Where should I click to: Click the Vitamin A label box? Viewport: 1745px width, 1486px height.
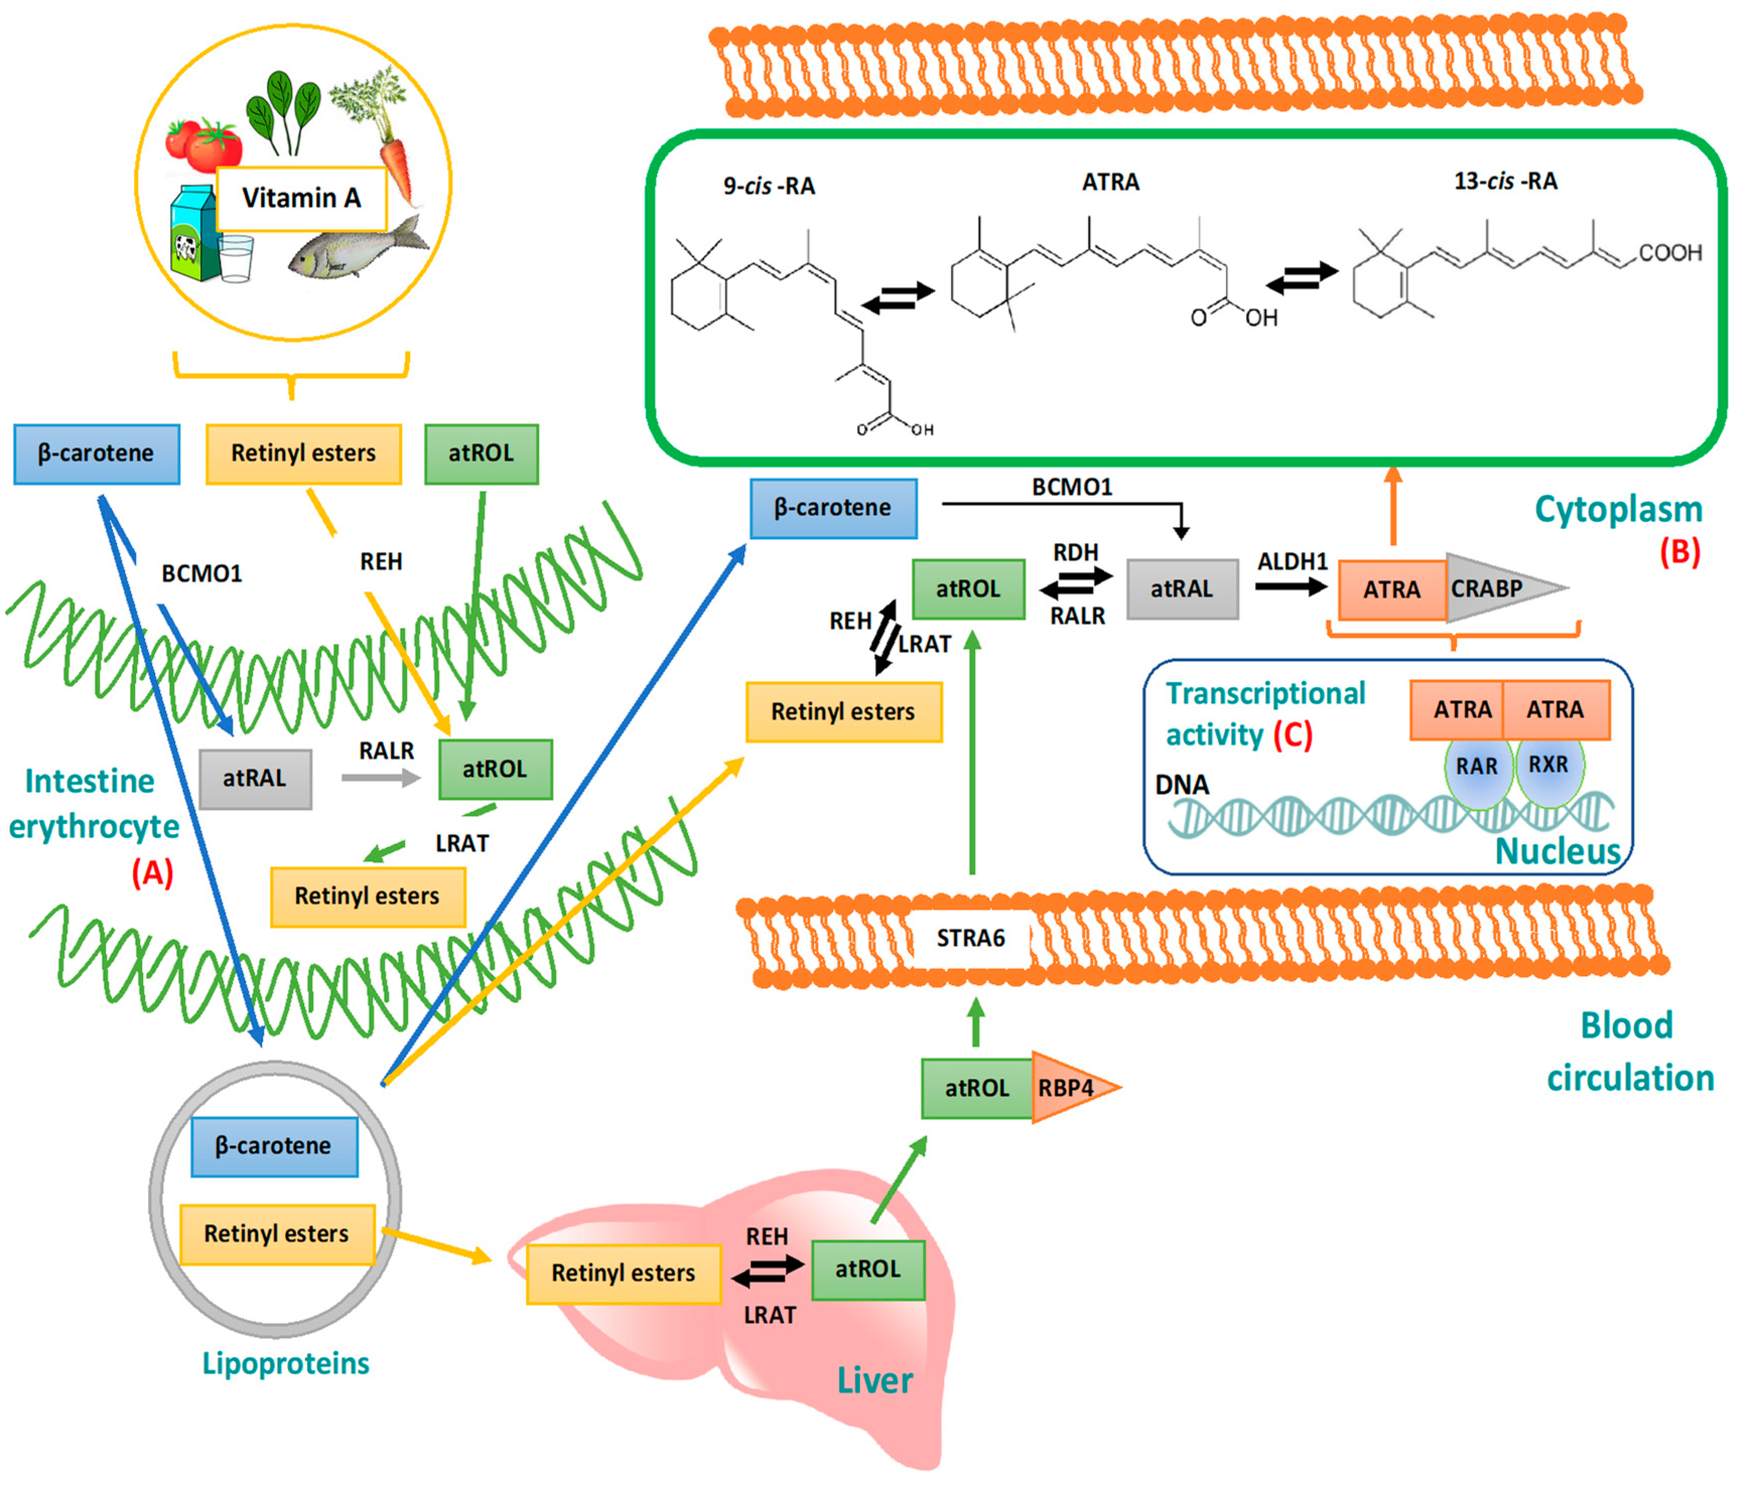[x=302, y=199]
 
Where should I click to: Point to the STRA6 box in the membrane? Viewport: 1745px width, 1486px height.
[x=971, y=938]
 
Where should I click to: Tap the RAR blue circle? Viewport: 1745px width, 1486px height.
[x=1478, y=766]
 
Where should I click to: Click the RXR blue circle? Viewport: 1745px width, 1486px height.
[x=1550, y=765]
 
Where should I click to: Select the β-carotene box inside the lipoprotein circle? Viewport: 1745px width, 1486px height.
[x=273, y=1146]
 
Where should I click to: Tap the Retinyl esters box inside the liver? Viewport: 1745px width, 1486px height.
[x=623, y=1273]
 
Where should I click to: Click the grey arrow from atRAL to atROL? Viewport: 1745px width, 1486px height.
[x=381, y=778]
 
